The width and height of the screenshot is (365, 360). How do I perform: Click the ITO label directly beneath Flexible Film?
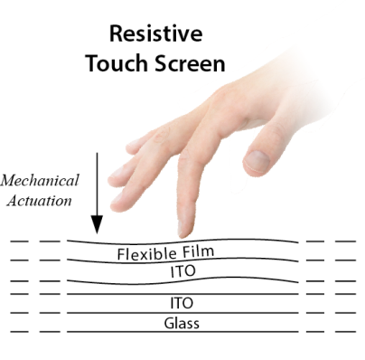(182, 270)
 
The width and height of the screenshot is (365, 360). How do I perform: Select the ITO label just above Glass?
(182, 302)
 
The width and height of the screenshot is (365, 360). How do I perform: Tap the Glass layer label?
(182, 323)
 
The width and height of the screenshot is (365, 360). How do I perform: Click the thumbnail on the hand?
(257, 162)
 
